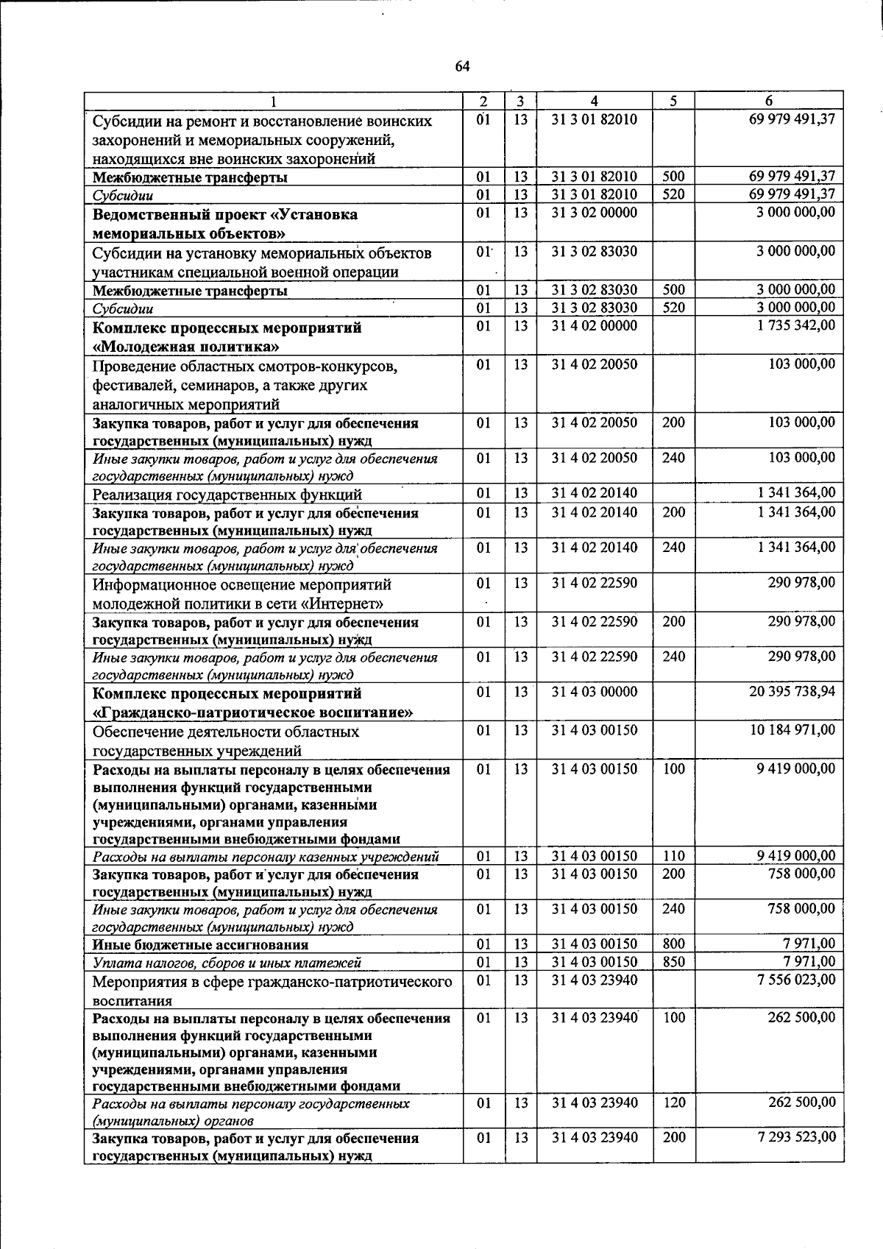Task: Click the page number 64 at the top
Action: pyautogui.click(x=462, y=66)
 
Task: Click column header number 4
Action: pyautogui.click(x=594, y=102)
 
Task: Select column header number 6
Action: pyautogui.click(x=768, y=102)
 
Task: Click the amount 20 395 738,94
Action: pyautogui.click(x=792, y=692)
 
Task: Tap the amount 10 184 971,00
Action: pyautogui.click(x=792, y=730)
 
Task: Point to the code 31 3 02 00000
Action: pyautogui.click(x=594, y=213)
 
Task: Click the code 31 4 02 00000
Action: pyautogui.click(x=594, y=326)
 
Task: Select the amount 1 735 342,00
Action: pyautogui.click(x=795, y=326)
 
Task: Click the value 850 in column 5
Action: pyautogui.click(x=673, y=962)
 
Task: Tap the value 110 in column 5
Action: pyautogui.click(x=673, y=856)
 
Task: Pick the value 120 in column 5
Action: pyautogui.click(x=673, y=1103)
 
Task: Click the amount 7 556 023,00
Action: pyautogui.click(x=795, y=980)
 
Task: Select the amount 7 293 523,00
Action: pyautogui.click(x=796, y=1137)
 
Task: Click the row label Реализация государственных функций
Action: pyautogui.click(x=227, y=495)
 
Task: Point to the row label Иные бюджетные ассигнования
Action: pyautogui.click(x=200, y=945)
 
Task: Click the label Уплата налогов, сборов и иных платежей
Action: pyautogui.click(x=227, y=963)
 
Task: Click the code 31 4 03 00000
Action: pyautogui.click(x=594, y=692)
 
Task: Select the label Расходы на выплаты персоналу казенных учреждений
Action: pyautogui.click(x=266, y=857)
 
